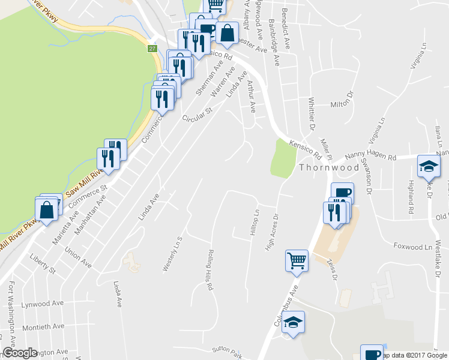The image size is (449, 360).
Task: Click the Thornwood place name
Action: coord(329,167)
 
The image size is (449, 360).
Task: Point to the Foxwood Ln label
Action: coord(413,247)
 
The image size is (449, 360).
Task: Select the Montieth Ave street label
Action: coord(43,327)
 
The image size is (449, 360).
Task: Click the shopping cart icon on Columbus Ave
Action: coord(297,261)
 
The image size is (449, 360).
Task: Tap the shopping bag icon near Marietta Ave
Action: coord(47,210)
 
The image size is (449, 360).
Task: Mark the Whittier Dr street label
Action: coord(312,113)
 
